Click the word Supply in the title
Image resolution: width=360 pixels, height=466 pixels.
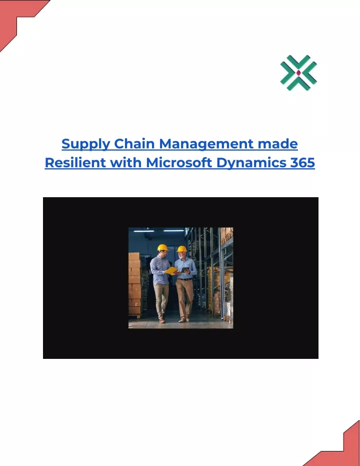coord(85,145)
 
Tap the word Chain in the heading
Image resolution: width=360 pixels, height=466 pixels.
coord(134,144)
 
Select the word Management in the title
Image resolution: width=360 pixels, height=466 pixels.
coord(206,145)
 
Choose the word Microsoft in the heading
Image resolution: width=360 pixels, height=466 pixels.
coord(179,163)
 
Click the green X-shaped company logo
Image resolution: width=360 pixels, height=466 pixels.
coord(298,73)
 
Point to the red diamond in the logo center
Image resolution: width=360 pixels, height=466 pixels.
coord(298,73)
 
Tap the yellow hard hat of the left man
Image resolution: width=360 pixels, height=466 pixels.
coord(162,248)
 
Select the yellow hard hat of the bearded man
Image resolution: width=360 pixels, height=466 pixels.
coord(181,249)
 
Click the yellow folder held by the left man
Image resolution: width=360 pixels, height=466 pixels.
coord(171,271)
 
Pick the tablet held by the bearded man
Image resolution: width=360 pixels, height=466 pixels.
coord(185,270)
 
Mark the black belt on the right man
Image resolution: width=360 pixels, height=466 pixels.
coord(184,279)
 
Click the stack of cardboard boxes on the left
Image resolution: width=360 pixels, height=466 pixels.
coord(134,284)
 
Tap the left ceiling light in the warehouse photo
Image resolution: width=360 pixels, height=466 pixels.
coord(143,231)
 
